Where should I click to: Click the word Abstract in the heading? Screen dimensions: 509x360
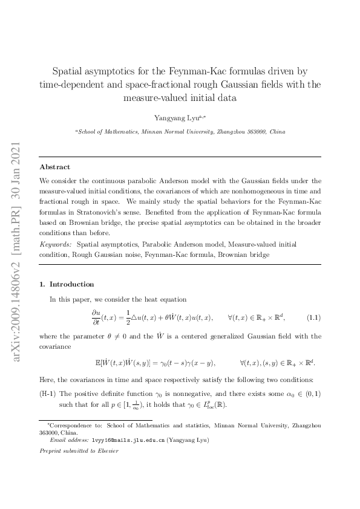[x=54, y=167]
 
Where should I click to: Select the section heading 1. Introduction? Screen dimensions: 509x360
[x=67, y=284]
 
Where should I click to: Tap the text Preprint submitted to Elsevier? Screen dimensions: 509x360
[x=79, y=451]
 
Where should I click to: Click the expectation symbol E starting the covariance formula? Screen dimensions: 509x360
[x=99, y=363]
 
